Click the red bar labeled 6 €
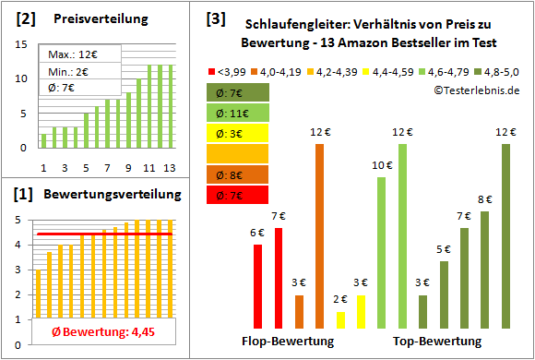(257, 286)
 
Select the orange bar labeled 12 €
(320, 236)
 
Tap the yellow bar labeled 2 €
(340, 319)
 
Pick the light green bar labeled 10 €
(381, 252)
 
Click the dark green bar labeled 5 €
(444, 294)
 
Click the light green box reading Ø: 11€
(239, 113)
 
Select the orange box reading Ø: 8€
(239, 174)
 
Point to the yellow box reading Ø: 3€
(239, 133)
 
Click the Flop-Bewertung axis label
(294, 341)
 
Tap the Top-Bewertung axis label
(437, 341)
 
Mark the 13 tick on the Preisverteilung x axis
(169, 168)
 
